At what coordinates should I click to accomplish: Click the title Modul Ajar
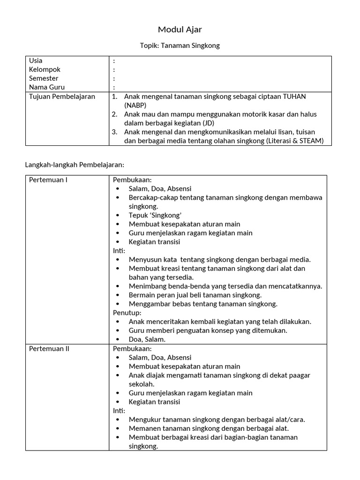pyautogui.click(x=180, y=30)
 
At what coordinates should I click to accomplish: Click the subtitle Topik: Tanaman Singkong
pyautogui.click(x=180, y=45)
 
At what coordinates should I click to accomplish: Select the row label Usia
pyautogui.click(x=36, y=60)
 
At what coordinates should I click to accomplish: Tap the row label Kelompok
pyautogui.click(x=45, y=69)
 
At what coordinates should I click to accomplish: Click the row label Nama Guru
pyautogui.click(x=47, y=87)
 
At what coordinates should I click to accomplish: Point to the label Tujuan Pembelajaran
pyautogui.click(x=62, y=97)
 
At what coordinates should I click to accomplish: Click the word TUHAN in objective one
pyautogui.click(x=293, y=97)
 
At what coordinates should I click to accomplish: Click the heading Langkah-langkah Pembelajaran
pyautogui.click(x=74, y=165)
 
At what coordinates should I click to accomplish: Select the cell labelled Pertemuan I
pyautogui.click(x=48, y=180)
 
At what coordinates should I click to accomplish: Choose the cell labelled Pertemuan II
pyautogui.click(x=49, y=349)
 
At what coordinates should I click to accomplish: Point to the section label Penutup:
pyautogui.click(x=127, y=313)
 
